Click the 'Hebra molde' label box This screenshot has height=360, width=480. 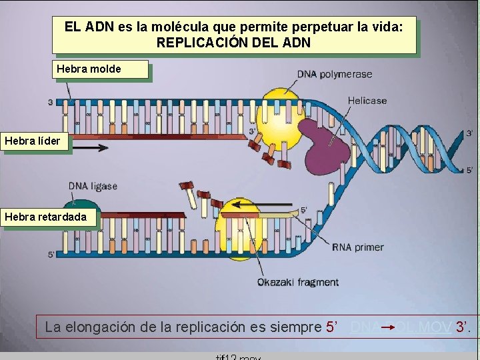[x=100, y=69]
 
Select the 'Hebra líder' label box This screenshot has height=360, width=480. [x=35, y=141]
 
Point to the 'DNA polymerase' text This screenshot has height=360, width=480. [x=334, y=74]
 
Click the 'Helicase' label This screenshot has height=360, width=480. [x=367, y=101]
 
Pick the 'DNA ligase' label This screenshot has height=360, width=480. [x=93, y=186]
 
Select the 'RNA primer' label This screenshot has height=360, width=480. [x=358, y=247]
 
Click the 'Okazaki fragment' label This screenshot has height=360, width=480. [x=298, y=282]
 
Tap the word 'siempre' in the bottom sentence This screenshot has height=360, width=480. [x=297, y=327]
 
